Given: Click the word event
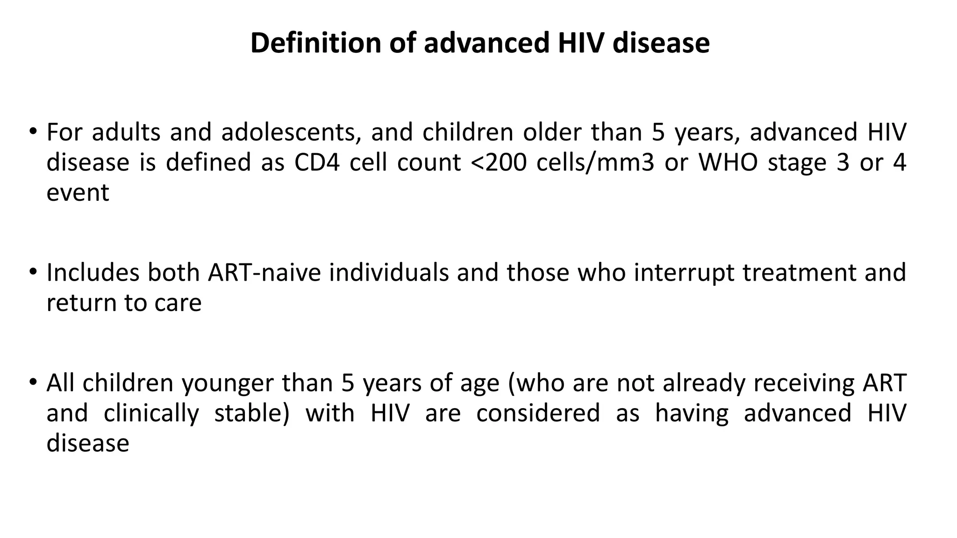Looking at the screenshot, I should pyautogui.click(x=78, y=193).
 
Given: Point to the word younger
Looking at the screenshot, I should pyautogui.click(x=228, y=383).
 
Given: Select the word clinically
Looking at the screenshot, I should pyautogui.click(x=151, y=413).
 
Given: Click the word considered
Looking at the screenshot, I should pyautogui.click(x=538, y=413).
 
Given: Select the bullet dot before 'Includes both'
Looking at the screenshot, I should pyautogui.click(x=33, y=271).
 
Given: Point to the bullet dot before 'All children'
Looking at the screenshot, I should pyautogui.click(x=33, y=382).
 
